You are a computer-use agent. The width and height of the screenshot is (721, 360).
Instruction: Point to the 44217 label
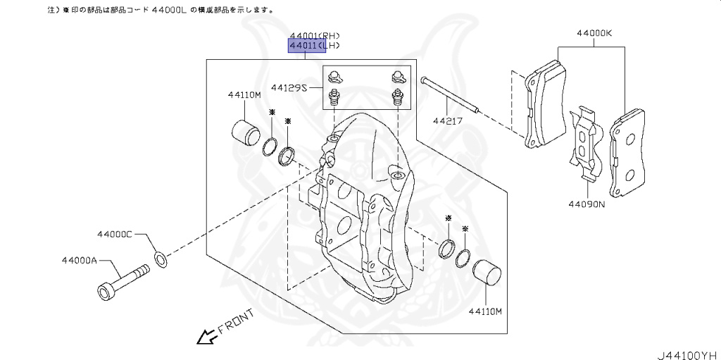(448, 121)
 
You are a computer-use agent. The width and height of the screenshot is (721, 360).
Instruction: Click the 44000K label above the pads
(594, 33)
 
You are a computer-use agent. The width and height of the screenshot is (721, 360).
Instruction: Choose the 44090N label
(587, 205)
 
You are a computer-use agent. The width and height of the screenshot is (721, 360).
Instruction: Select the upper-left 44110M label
(244, 94)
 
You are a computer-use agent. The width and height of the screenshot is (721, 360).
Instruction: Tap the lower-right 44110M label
(484, 310)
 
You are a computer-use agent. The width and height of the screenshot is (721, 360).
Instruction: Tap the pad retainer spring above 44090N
(585, 144)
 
